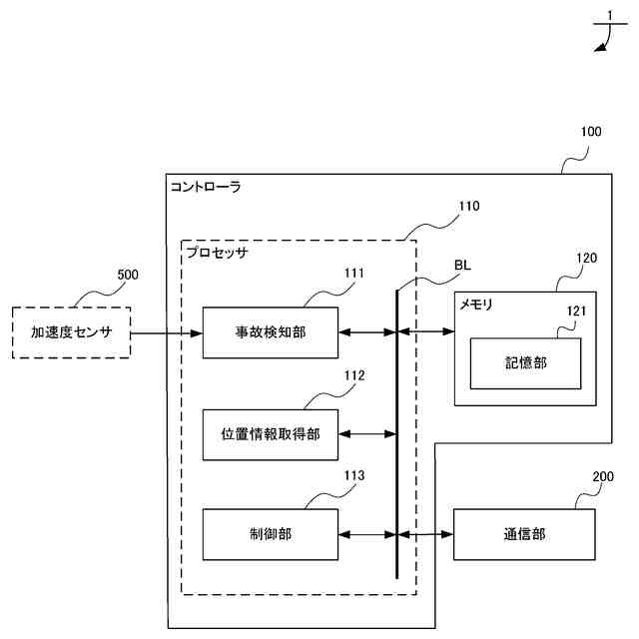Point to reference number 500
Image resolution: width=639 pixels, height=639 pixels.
pos(128,275)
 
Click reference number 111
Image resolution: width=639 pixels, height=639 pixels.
pos(354,273)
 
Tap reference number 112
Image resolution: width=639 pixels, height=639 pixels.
pos(354,375)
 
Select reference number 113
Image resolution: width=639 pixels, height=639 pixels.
pos(354,475)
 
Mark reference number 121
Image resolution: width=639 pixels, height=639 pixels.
pos(577,312)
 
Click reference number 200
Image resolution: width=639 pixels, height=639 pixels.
pos(603,476)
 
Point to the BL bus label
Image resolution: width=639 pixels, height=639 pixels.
pos(462,266)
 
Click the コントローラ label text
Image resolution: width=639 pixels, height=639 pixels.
pos(206,187)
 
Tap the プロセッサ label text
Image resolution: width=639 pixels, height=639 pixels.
pos(217,253)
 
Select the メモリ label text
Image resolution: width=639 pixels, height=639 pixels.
pos(476,305)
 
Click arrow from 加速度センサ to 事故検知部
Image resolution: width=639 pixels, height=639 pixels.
pos(167,333)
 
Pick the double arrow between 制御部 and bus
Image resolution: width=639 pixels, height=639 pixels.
pos(367,534)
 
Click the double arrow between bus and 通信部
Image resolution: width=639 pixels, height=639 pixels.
pos(425,534)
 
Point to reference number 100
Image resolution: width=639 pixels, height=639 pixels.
pos(591,132)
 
